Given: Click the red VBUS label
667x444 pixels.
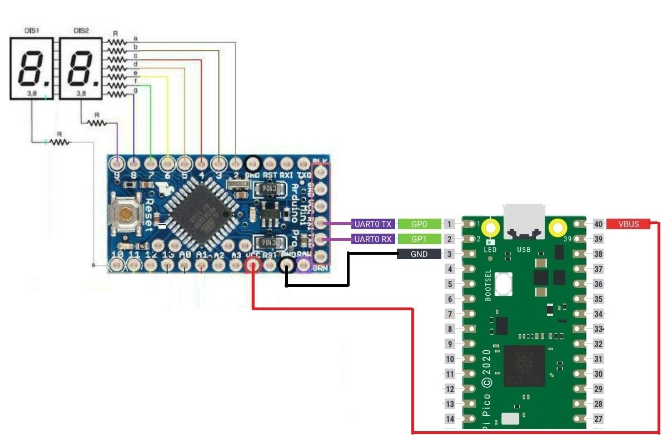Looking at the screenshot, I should click(x=628, y=224).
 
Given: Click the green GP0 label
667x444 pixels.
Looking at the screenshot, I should click(x=419, y=224).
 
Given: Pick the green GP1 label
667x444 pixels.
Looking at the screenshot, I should click(x=419, y=239).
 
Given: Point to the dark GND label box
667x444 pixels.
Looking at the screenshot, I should click(x=419, y=254).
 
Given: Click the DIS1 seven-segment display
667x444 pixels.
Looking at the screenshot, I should click(x=32, y=69).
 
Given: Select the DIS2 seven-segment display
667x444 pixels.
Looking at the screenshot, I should click(x=81, y=69).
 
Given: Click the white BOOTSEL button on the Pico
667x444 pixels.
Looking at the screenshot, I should click(x=504, y=284).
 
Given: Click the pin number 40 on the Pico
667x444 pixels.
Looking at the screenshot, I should click(x=599, y=224).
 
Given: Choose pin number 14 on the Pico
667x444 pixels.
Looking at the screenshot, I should click(x=450, y=419).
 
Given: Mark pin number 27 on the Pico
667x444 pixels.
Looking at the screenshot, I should click(x=599, y=419).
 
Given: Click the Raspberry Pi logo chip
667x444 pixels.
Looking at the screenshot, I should click(x=524, y=366).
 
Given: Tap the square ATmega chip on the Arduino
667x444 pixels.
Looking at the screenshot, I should click(x=197, y=213).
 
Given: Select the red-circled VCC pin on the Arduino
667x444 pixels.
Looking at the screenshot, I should click(x=253, y=265).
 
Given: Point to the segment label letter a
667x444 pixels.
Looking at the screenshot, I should click(x=136, y=39).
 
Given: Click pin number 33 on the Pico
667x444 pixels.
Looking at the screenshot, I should click(x=599, y=329).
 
